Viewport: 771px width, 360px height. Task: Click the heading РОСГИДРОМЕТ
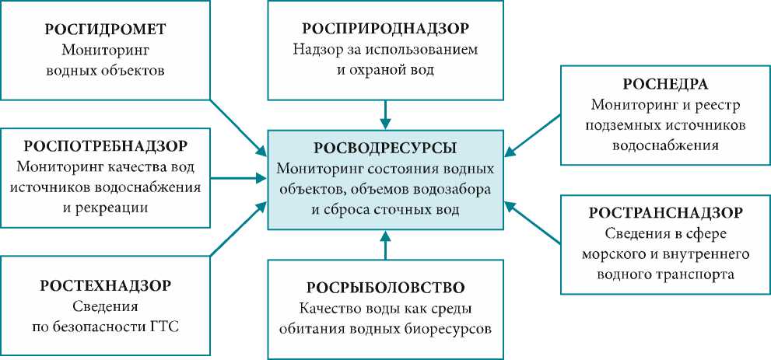point(106,31)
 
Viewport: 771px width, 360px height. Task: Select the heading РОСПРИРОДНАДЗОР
point(385,29)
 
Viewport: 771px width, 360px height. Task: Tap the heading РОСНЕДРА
point(664,84)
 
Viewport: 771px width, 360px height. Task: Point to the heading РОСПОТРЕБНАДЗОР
point(106,146)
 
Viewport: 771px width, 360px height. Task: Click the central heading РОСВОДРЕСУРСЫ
point(385,148)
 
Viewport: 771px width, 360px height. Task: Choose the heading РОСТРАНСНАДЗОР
point(664,212)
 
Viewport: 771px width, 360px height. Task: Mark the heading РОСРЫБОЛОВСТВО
point(385,286)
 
